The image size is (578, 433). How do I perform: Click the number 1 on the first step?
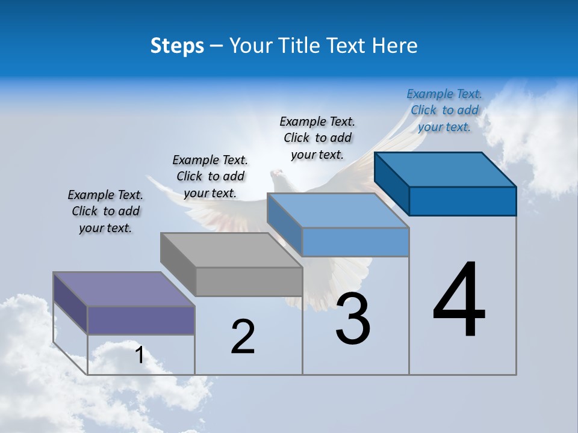139,355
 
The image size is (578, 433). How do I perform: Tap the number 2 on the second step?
243,337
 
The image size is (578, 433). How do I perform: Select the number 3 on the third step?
353,319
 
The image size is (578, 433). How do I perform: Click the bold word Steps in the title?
177,46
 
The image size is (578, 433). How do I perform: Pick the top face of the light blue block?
338,210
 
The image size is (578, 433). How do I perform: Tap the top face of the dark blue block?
445,170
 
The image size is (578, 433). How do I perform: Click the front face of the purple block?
141,320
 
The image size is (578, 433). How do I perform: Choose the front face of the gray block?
249,281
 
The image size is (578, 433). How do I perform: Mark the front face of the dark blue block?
462,201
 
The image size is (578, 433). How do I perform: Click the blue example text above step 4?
444,110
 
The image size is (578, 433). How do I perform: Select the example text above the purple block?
105,211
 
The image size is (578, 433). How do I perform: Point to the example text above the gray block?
210,176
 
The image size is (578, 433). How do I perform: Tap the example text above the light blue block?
317,138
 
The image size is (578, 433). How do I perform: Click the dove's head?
278,176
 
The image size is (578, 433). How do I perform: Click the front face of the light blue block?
355,242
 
